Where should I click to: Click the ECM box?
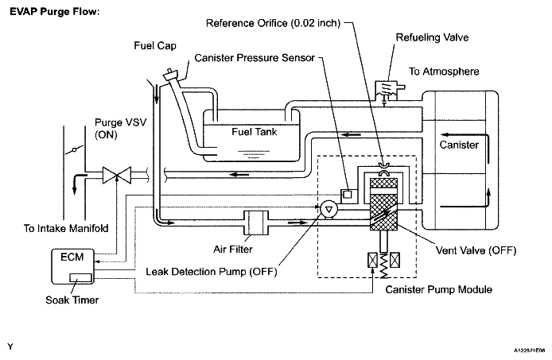(x=73, y=266)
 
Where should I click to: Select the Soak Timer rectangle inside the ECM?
(x=80, y=277)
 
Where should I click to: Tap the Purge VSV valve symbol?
(x=117, y=175)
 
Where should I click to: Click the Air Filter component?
(x=256, y=223)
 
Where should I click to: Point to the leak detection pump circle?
(x=328, y=210)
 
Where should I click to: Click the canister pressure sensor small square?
(x=348, y=194)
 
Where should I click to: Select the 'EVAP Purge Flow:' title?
(x=55, y=12)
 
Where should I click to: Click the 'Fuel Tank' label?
(x=255, y=132)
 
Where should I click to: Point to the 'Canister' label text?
(x=459, y=145)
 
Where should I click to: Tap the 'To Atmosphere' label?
(x=444, y=72)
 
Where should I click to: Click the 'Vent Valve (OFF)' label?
(x=476, y=250)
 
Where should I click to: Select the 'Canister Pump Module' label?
(x=438, y=289)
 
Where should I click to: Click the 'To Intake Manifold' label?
(x=66, y=228)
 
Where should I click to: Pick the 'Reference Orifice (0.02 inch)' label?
(x=273, y=23)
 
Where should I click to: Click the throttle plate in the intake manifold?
(x=74, y=149)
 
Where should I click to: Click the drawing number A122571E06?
(x=529, y=350)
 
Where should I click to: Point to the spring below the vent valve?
(x=384, y=265)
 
